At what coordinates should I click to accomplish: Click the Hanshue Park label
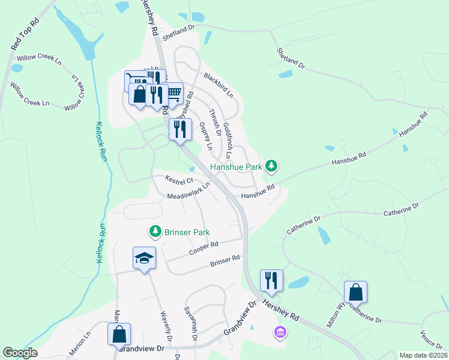pyautogui.click(x=237, y=166)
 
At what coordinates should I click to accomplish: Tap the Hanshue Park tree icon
pyautogui.click(x=271, y=164)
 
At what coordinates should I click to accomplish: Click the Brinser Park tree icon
pyautogui.click(x=155, y=231)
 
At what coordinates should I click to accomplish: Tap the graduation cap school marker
pyautogui.click(x=144, y=259)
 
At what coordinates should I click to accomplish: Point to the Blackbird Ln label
pyautogui.click(x=218, y=85)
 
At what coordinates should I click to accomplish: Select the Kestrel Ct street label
pyautogui.click(x=179, y=180)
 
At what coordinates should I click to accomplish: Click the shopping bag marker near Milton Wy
pyautogui.click(x=355, y=292)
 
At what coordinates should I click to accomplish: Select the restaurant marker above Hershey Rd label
pyautogui.click(x=271, y=280)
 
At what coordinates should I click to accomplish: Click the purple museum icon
pyautogui.click(x=280, y=331)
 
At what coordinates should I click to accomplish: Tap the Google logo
pyautogui.click(x=20, y=353)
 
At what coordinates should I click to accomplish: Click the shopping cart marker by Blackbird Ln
pyautogui.click(x=173, y=93)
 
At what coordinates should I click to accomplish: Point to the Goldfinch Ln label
pyautogui.click(x=228, y=137)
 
